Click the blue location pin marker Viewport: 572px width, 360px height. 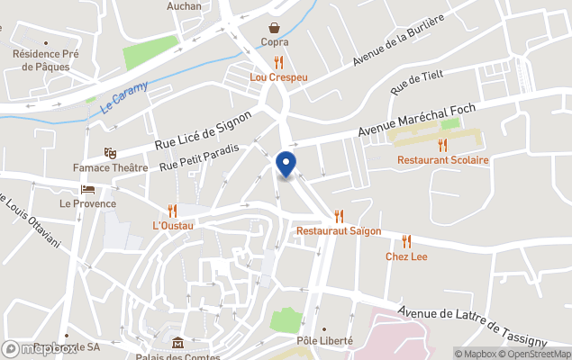[x=286, y=165]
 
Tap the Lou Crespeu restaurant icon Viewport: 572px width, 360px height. [x=279, y=62]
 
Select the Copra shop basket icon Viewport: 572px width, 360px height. [x=275, y=27]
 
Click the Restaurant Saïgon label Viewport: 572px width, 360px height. [x=339, y=231]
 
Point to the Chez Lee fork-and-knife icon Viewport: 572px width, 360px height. [x=406, y=241]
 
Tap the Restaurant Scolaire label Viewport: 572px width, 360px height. [x=442, y=160]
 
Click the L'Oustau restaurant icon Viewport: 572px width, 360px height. [x=173, y=210]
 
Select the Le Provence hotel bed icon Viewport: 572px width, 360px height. [x=87, y=189]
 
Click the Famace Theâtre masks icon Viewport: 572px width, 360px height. [x=110, y=153]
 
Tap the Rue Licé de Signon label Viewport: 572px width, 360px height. [x=203, y=131]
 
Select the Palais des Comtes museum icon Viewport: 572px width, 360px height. [x=177, y=343]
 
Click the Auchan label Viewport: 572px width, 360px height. [x=184, y=5]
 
